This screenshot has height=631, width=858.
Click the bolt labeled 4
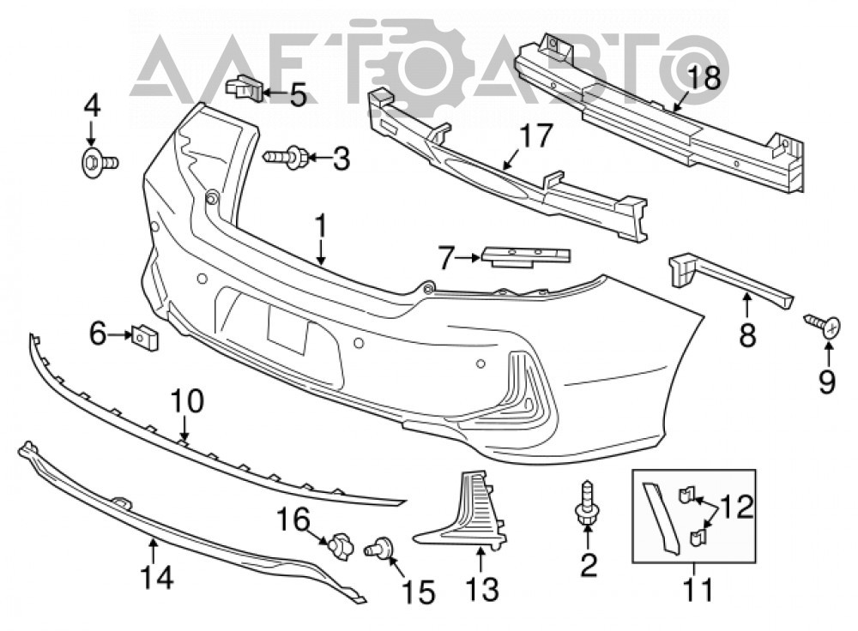(x=99, y=161)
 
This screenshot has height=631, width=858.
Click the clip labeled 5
(x=245, y=87)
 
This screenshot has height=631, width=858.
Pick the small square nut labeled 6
(x=144, y=337)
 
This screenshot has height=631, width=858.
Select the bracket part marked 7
(x=525, y=257)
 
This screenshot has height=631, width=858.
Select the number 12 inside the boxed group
(x=736, y=507)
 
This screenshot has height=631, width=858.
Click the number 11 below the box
(x=698, y=590)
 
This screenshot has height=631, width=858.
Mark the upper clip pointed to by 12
(x=685, y=496)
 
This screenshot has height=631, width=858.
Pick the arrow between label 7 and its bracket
(x=469, y=256)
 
